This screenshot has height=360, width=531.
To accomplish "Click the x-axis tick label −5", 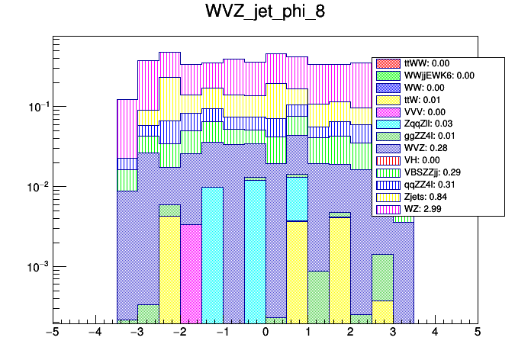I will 53,333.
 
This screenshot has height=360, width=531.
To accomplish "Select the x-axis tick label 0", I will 265,333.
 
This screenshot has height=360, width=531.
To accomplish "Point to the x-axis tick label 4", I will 435,333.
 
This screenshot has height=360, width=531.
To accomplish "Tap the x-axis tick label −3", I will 137,333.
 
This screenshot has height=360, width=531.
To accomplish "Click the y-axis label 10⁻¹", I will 35,107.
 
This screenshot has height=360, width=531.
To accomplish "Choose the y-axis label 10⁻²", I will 35,187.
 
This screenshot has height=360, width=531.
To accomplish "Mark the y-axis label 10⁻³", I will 35,267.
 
